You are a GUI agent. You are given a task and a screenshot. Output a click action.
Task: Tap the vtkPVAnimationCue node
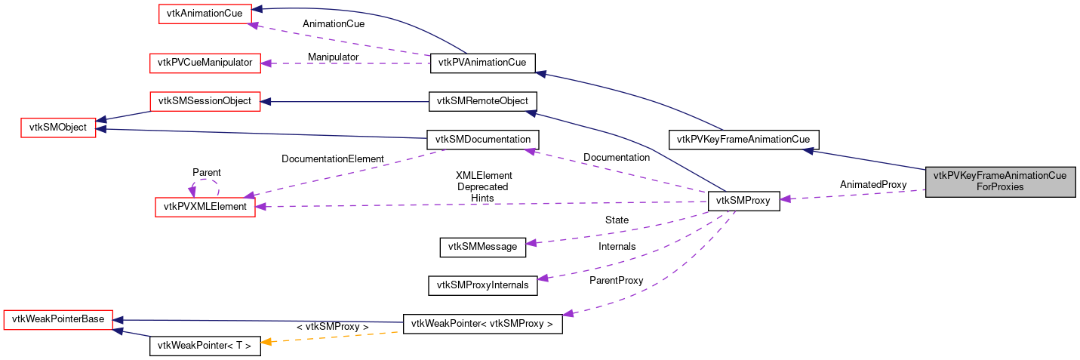482,63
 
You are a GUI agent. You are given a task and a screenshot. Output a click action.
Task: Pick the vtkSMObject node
57,128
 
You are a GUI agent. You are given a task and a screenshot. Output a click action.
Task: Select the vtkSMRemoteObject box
482,101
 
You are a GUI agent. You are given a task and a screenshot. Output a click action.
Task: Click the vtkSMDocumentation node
482,140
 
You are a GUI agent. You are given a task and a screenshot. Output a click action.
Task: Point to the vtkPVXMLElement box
205,207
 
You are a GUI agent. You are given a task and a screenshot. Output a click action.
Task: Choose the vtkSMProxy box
743,201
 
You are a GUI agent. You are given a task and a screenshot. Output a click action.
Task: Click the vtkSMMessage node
482,246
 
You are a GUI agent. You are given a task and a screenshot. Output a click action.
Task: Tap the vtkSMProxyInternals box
482,285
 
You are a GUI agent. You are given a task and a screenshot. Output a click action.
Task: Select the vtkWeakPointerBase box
57,319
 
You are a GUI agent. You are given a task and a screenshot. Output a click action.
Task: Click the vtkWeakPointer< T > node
205,346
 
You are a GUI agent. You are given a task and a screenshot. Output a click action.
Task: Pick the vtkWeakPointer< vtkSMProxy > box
482,325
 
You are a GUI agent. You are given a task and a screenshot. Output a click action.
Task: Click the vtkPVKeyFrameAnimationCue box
743,139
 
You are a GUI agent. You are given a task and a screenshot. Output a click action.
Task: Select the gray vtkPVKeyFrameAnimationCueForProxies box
1000,181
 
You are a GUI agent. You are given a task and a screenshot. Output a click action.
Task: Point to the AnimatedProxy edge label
872,184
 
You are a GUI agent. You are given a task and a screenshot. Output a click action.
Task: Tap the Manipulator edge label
333,57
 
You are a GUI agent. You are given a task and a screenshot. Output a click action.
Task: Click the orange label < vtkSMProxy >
332,327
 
